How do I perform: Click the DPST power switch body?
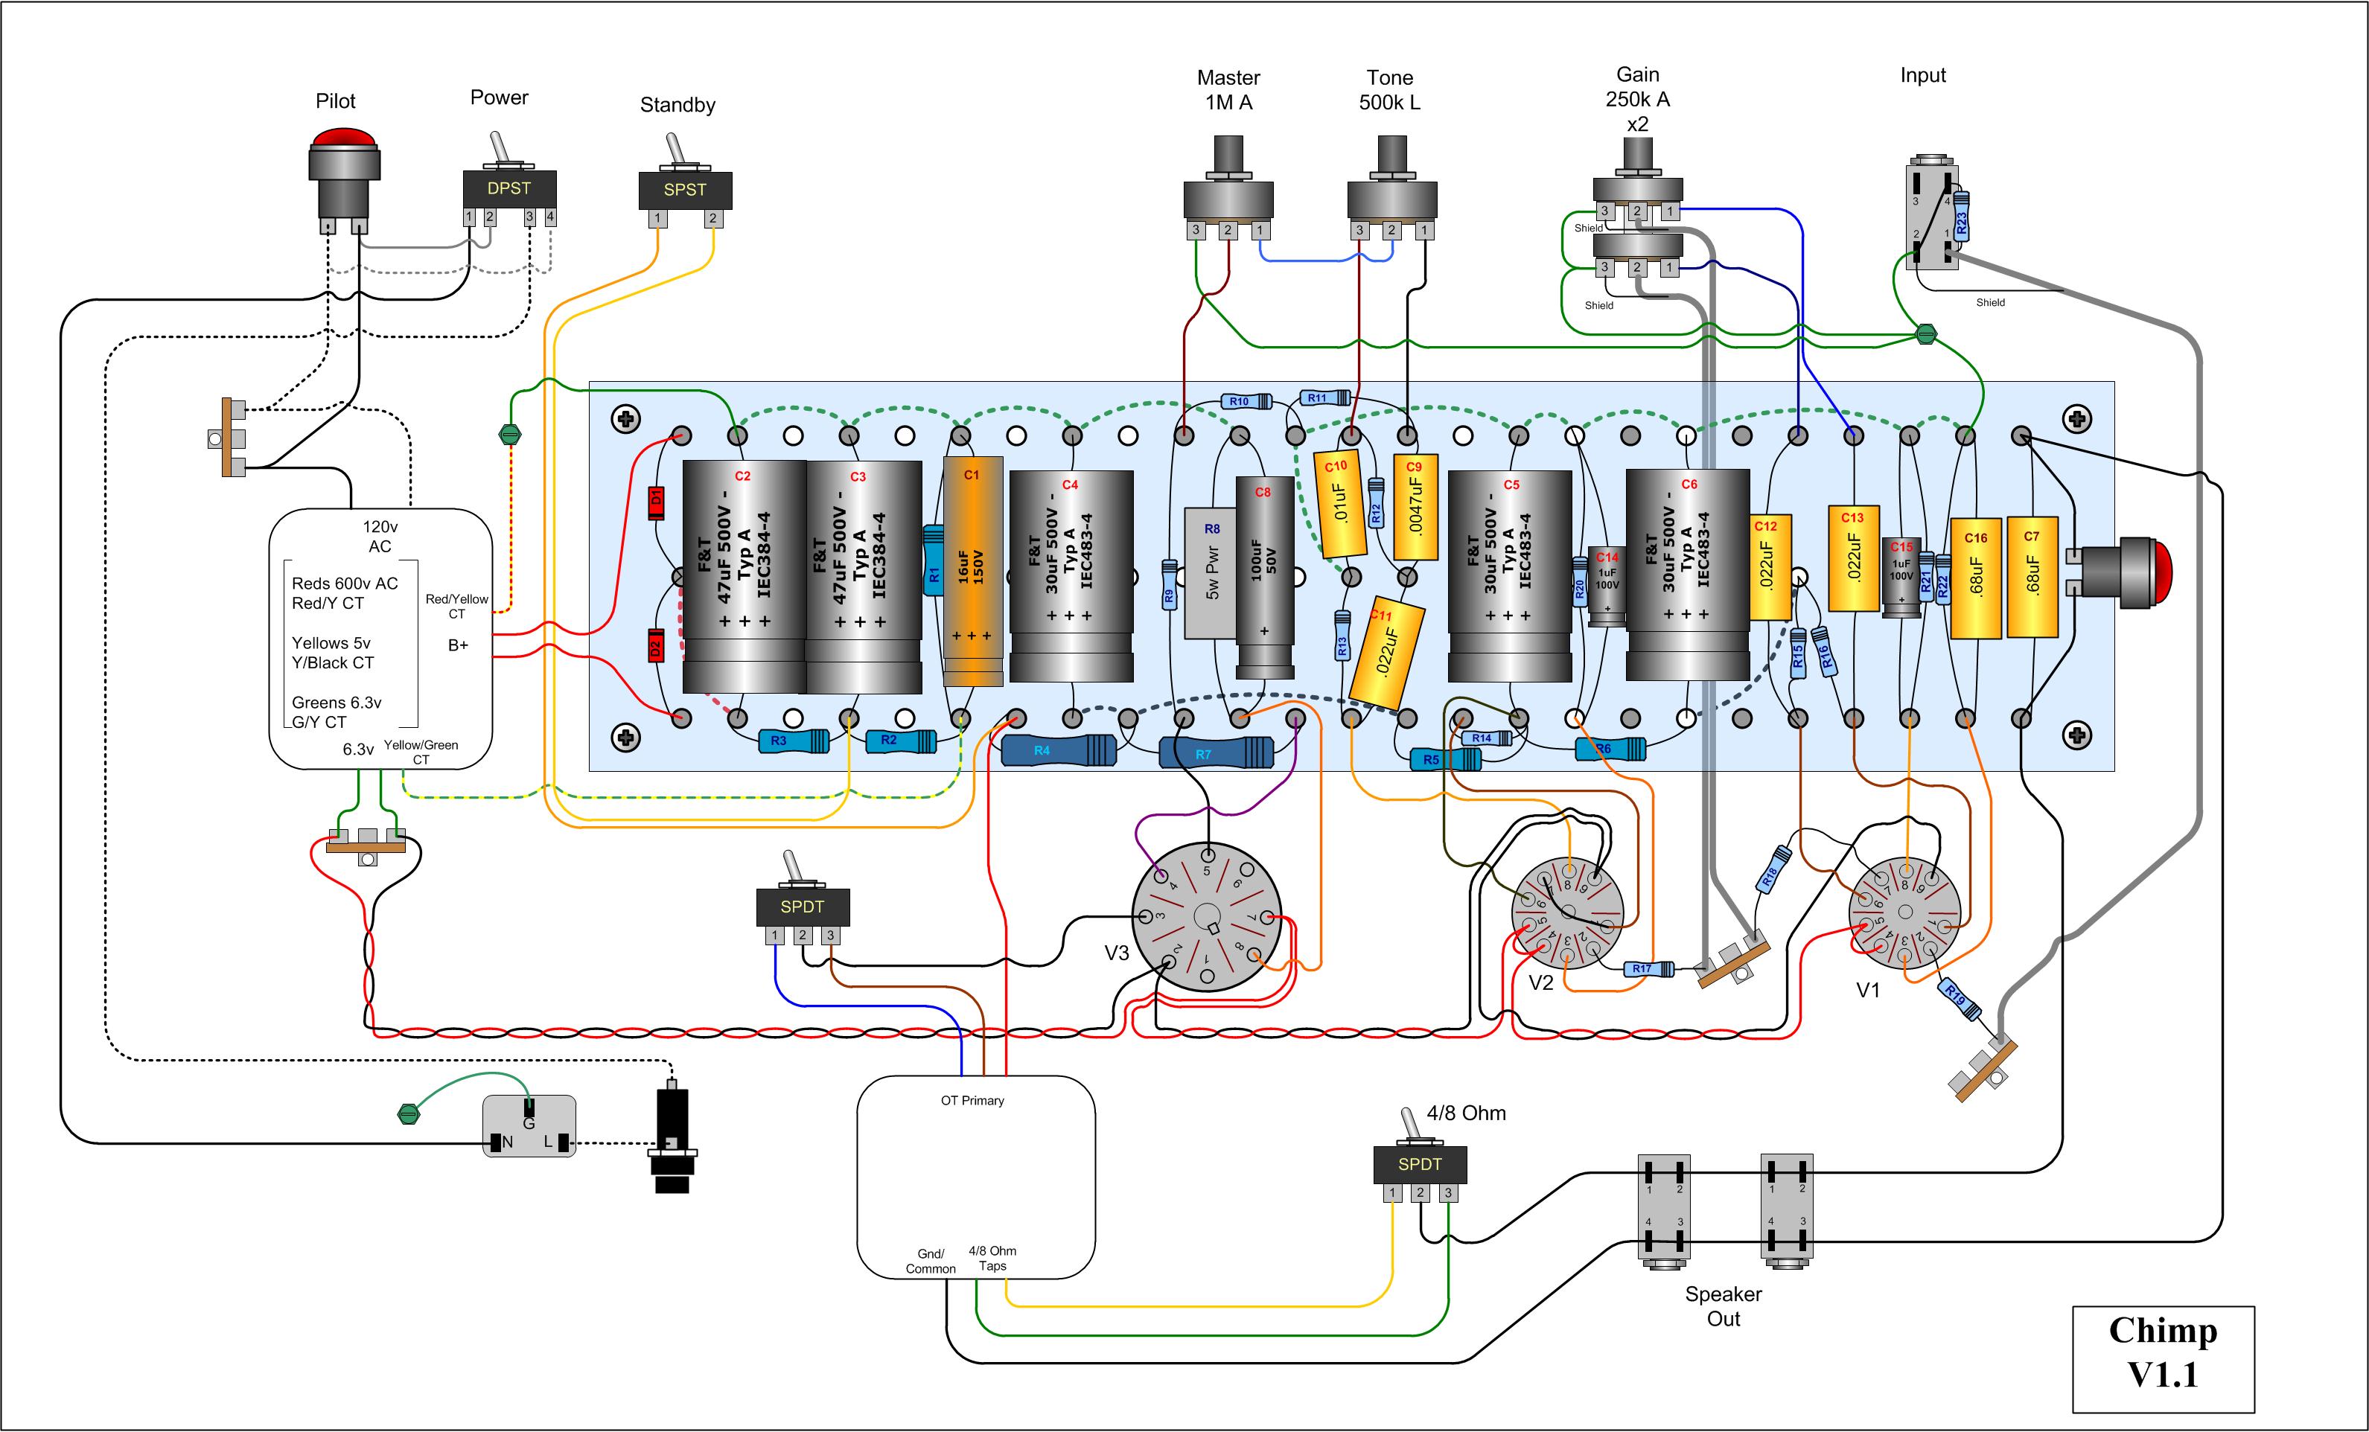508,188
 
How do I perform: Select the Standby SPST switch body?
684,189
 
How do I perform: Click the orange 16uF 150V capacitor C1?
972,571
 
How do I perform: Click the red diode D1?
657,502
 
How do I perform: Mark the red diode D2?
656,646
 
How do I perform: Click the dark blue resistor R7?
1217,752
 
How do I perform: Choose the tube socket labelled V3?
1207,917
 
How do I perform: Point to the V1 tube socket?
1904,914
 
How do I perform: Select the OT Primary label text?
972,1101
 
